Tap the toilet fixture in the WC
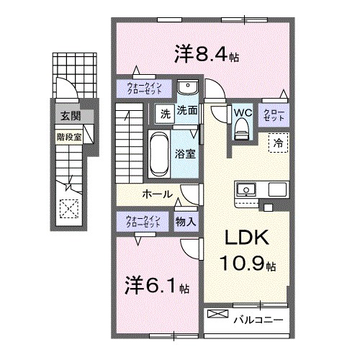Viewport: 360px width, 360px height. point(240,130)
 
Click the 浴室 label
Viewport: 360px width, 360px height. point(186,153)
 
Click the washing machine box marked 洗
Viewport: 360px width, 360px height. point(163,112)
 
